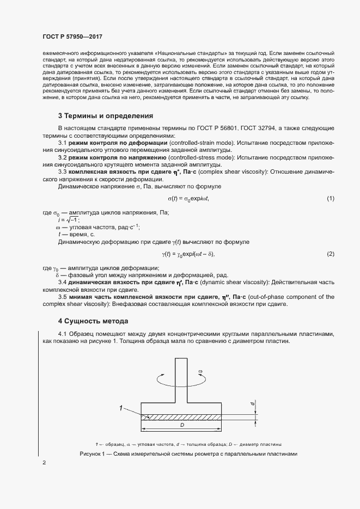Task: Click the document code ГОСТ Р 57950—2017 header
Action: coord(72,36)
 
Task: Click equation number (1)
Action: coord(330,199)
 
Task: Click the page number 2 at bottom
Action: coord(44,463)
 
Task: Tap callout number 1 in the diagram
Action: coord(120,407)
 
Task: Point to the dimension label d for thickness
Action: coord(253,404)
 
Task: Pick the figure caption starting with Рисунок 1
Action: coord(188,453)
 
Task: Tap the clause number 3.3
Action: coord(62,171)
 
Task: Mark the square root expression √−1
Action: coord(71,219)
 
